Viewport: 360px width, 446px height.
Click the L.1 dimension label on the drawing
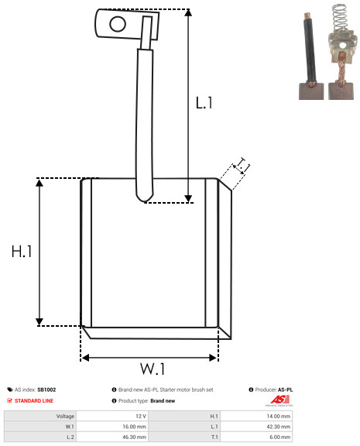tap(204, 103)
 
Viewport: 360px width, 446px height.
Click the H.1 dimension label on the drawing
tap(22, 252)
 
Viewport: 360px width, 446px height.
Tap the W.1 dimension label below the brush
tap(153, 369)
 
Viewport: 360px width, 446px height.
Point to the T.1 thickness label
tap(242, 166)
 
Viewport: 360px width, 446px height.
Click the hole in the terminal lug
tap(118, 24)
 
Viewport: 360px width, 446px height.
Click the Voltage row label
tap(65, 416)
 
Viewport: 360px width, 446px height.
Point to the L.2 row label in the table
tap(70, 437)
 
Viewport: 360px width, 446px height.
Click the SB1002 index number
tap(46, 389)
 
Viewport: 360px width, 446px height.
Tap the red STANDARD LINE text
tap(34, 401)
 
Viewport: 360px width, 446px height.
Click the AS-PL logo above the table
tap(279, 400)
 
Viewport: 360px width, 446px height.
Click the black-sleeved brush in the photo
tap(310, 57)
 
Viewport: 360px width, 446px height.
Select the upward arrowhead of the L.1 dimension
tap(188, 12)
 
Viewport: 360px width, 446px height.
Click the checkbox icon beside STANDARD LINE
tap(9, 400)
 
